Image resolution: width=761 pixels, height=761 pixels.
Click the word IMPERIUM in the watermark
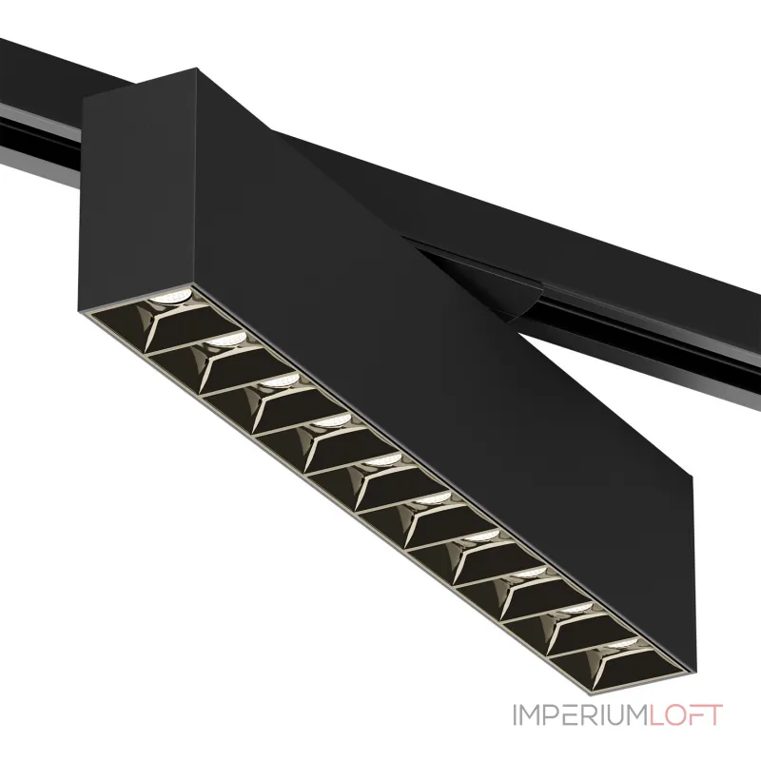(580, 715)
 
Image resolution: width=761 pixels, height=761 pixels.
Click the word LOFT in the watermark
(686, 715)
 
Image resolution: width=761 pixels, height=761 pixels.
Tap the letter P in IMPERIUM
(553, 715)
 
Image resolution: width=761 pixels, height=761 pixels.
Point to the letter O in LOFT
(675, 715)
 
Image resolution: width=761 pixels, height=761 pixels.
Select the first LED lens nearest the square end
(170, 297)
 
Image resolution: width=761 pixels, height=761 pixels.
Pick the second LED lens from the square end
(224, 340)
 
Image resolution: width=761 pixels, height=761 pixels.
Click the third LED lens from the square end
(278, 380)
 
